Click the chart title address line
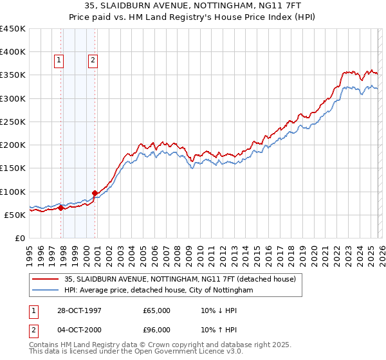point(193,6)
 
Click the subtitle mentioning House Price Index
point(193,17)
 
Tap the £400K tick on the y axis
point(13,52)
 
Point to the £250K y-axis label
point(13,122)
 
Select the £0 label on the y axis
point(19,239)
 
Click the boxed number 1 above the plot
point(59,60)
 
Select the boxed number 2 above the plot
point(93,60)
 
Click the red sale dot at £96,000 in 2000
point(95,193)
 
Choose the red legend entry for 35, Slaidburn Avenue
point(179,279)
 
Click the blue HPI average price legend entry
point(158,291)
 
